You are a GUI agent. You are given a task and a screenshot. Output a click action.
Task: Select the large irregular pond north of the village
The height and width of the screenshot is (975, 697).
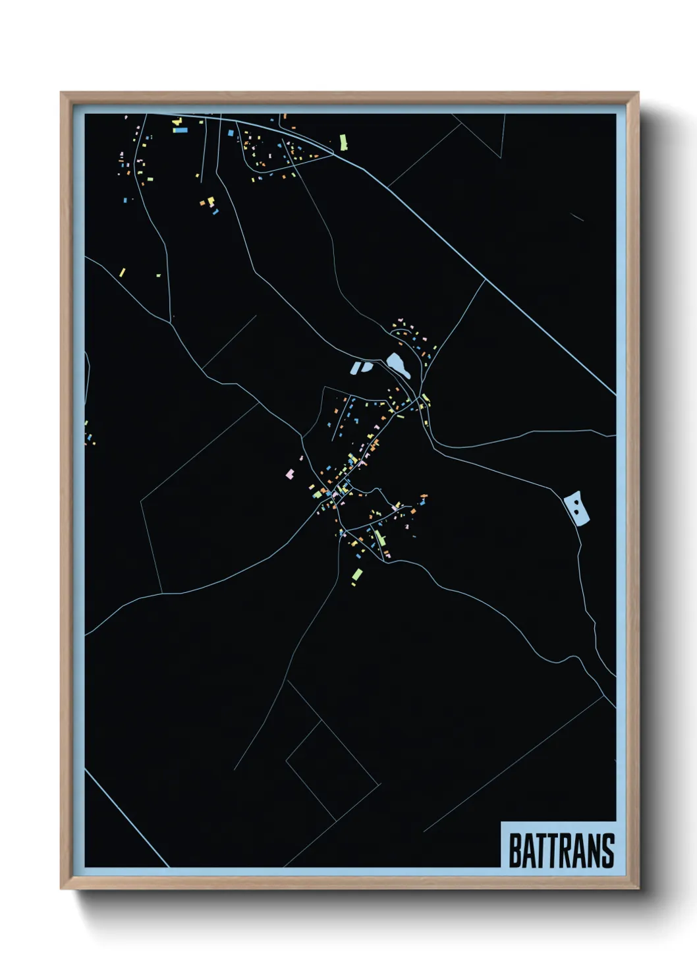(x=398, y=365)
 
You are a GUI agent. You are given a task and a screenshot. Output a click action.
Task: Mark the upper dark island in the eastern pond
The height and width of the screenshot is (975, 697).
(x=577, y=502)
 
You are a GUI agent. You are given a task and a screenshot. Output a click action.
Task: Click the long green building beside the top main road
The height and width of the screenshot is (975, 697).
(x=343, y=142)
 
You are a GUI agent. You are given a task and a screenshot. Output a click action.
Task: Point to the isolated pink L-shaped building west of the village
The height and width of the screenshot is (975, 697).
(x=289, y=472)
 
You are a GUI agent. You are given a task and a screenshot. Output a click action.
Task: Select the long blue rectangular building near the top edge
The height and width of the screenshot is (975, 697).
(x=180, y=130)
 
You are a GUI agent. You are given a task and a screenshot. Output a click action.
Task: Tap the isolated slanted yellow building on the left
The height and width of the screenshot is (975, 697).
(x=122, y=272)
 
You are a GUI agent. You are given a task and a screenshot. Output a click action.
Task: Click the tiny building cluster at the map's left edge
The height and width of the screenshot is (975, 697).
(x=88, y=435)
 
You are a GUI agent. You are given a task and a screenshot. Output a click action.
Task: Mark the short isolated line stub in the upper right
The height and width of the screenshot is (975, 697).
(x=576, y=216)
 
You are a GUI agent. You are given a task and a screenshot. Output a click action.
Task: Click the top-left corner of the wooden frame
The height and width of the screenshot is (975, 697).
(x=62, y=94)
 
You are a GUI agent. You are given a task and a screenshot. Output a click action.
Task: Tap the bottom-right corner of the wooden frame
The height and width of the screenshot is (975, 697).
(x=637, y=887)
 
